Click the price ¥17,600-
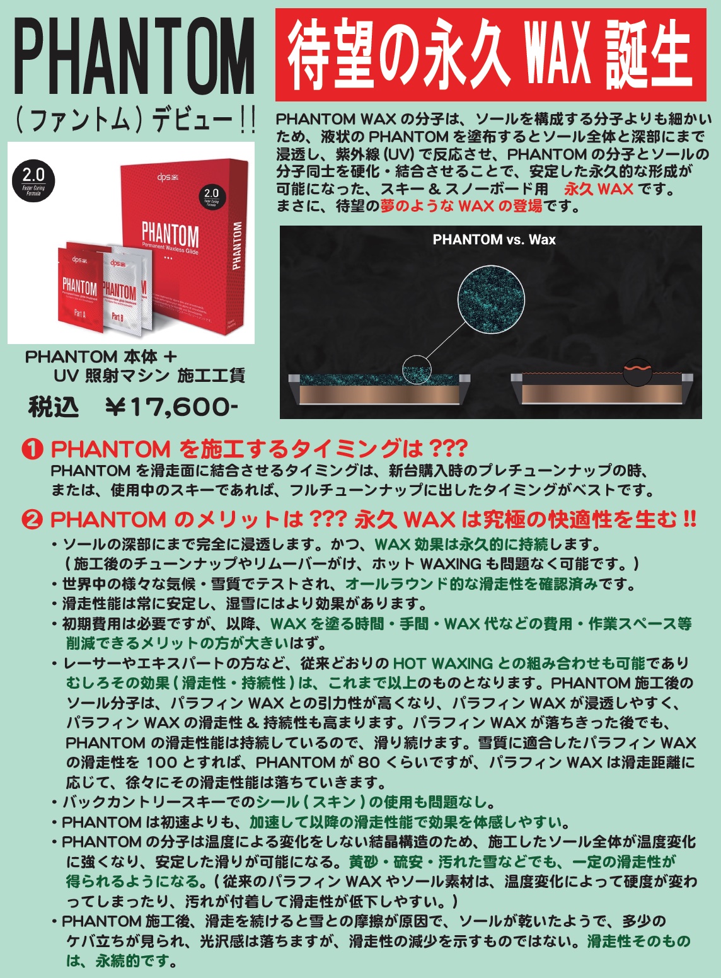coord(171,407)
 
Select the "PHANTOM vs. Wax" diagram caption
coord(494,239)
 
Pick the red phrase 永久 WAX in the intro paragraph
coord(598,189)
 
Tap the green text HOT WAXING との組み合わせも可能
coord(519,663)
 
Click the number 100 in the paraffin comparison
coord(161,762)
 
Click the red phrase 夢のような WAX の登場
coord(461,205)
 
